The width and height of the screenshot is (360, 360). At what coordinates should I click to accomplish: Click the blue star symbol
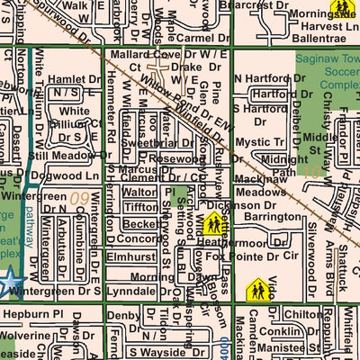[8, 281]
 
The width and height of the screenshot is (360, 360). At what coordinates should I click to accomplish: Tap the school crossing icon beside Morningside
[341, 9]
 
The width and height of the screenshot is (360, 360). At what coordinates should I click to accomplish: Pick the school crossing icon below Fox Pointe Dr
[259, 290]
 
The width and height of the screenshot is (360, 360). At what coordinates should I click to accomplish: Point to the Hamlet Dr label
[77, 79]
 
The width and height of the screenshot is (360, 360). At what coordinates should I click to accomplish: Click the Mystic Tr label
[260, 142]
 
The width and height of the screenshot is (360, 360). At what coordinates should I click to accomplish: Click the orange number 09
[80, 196]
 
